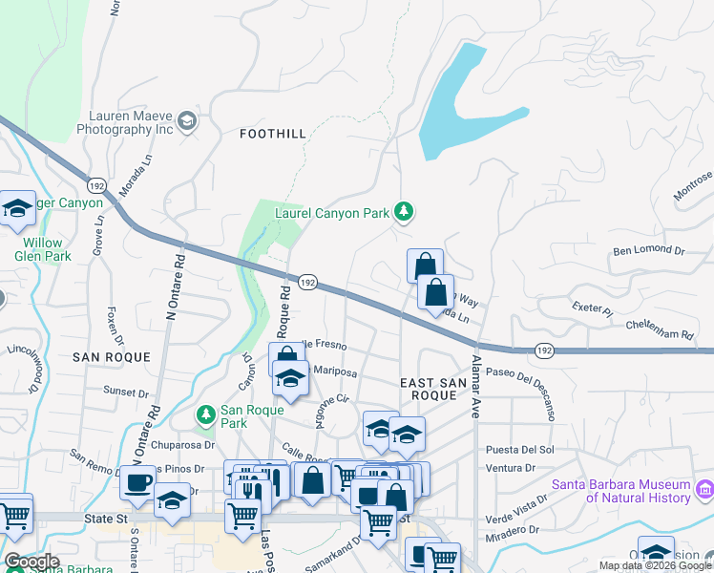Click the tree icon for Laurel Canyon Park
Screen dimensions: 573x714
pos(404,212)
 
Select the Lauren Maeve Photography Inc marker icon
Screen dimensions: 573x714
pos(187,119)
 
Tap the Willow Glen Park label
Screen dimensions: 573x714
pos(43,249)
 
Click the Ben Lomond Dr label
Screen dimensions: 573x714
pos(649,251)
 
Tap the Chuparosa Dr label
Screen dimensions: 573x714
pos(180,444)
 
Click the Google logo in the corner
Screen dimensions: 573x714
pos(31,562)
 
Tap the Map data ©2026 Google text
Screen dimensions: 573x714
pos(654,565)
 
